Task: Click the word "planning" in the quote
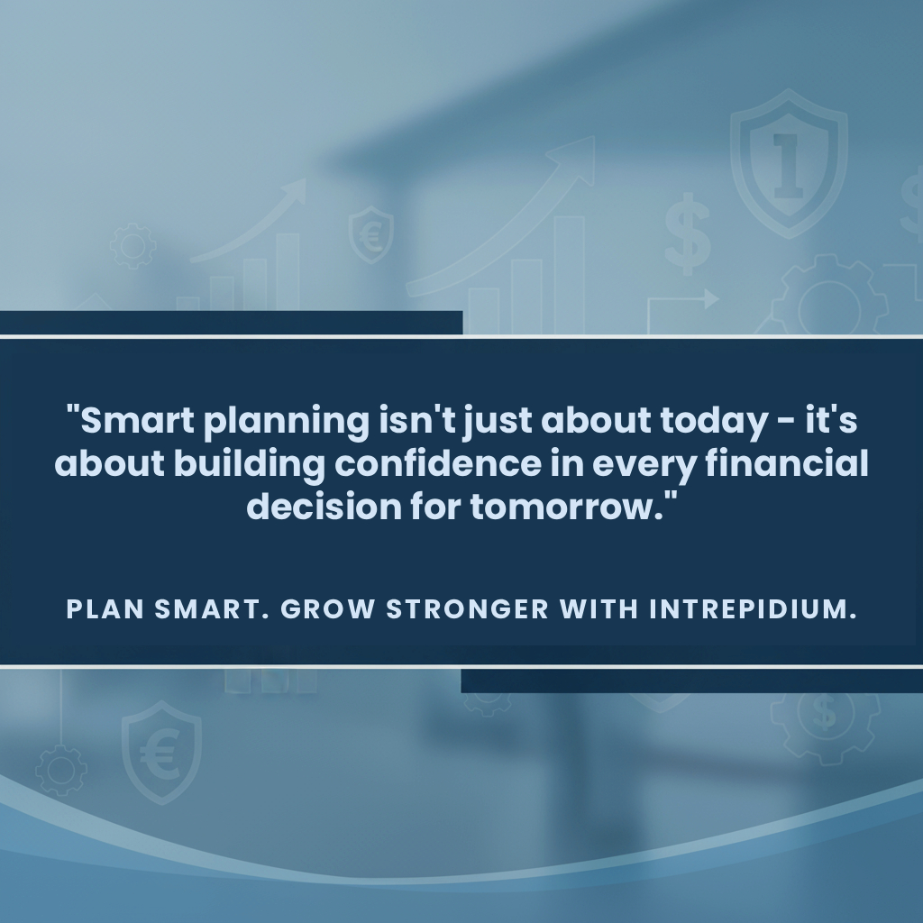pos(285,422)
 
